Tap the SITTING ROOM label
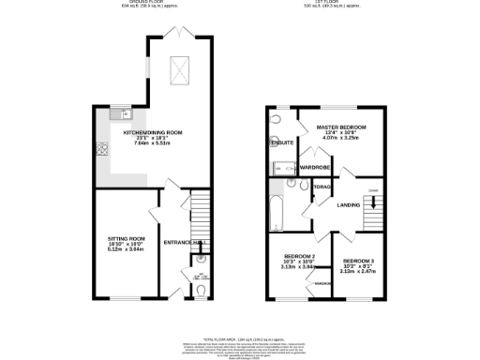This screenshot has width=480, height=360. pyautogui.click(x=126, y=239)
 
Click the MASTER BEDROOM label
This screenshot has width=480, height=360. pyautogui.click(x=340, y=127)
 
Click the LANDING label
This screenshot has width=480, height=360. pyautogui.click(x=349, y=204)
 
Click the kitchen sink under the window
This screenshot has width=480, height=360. pyautogui.click(x=120, y=115)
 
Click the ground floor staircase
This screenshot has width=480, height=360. pyautogui.click(x=198, y=216)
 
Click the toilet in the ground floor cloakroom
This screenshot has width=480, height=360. pyautogui.click(x=202, y=291)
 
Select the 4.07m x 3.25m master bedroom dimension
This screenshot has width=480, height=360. pyautogui.click(x=340, y=139)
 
